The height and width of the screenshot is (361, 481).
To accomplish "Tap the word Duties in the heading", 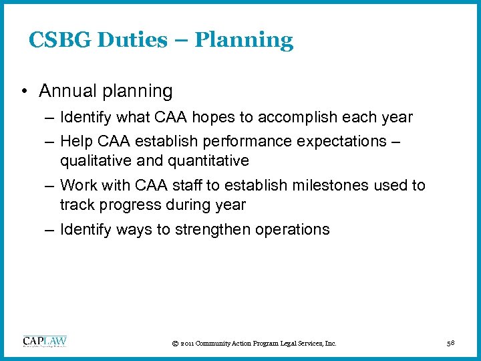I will click(x=130, y=40).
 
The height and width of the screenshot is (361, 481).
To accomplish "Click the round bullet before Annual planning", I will click(x=24, y=91).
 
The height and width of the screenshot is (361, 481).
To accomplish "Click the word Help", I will click(x=73, y=142).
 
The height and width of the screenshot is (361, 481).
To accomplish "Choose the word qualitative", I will click(x=94, y=160).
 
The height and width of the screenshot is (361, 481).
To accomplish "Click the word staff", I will click(x=190, y=185).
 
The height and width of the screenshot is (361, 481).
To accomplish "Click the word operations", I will click(x=293, y=229).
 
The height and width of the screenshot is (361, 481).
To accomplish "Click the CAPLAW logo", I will click(x=45, y=342).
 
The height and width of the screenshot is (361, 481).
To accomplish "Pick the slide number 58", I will click(x=451, y=343).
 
